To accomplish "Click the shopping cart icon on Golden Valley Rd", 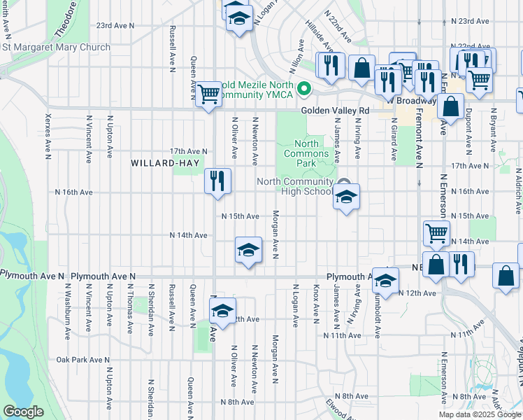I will [208, 94].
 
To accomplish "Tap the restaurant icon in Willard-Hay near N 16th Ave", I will [217, 181].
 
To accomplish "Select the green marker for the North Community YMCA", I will [304, 89].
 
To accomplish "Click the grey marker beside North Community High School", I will [344, 183].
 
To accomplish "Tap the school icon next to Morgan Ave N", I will [248, 251].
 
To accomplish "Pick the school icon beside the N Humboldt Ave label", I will [385, 281].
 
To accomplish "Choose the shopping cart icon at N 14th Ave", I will [437, 233].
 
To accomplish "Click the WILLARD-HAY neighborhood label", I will [160, 163].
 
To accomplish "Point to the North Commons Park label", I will [302, 148].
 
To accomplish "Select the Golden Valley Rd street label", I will [335, 111].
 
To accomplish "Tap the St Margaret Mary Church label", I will [56, 48].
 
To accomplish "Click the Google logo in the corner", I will [23, 412].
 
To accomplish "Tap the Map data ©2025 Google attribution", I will [480, 414].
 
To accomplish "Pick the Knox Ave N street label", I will [316, 302].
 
